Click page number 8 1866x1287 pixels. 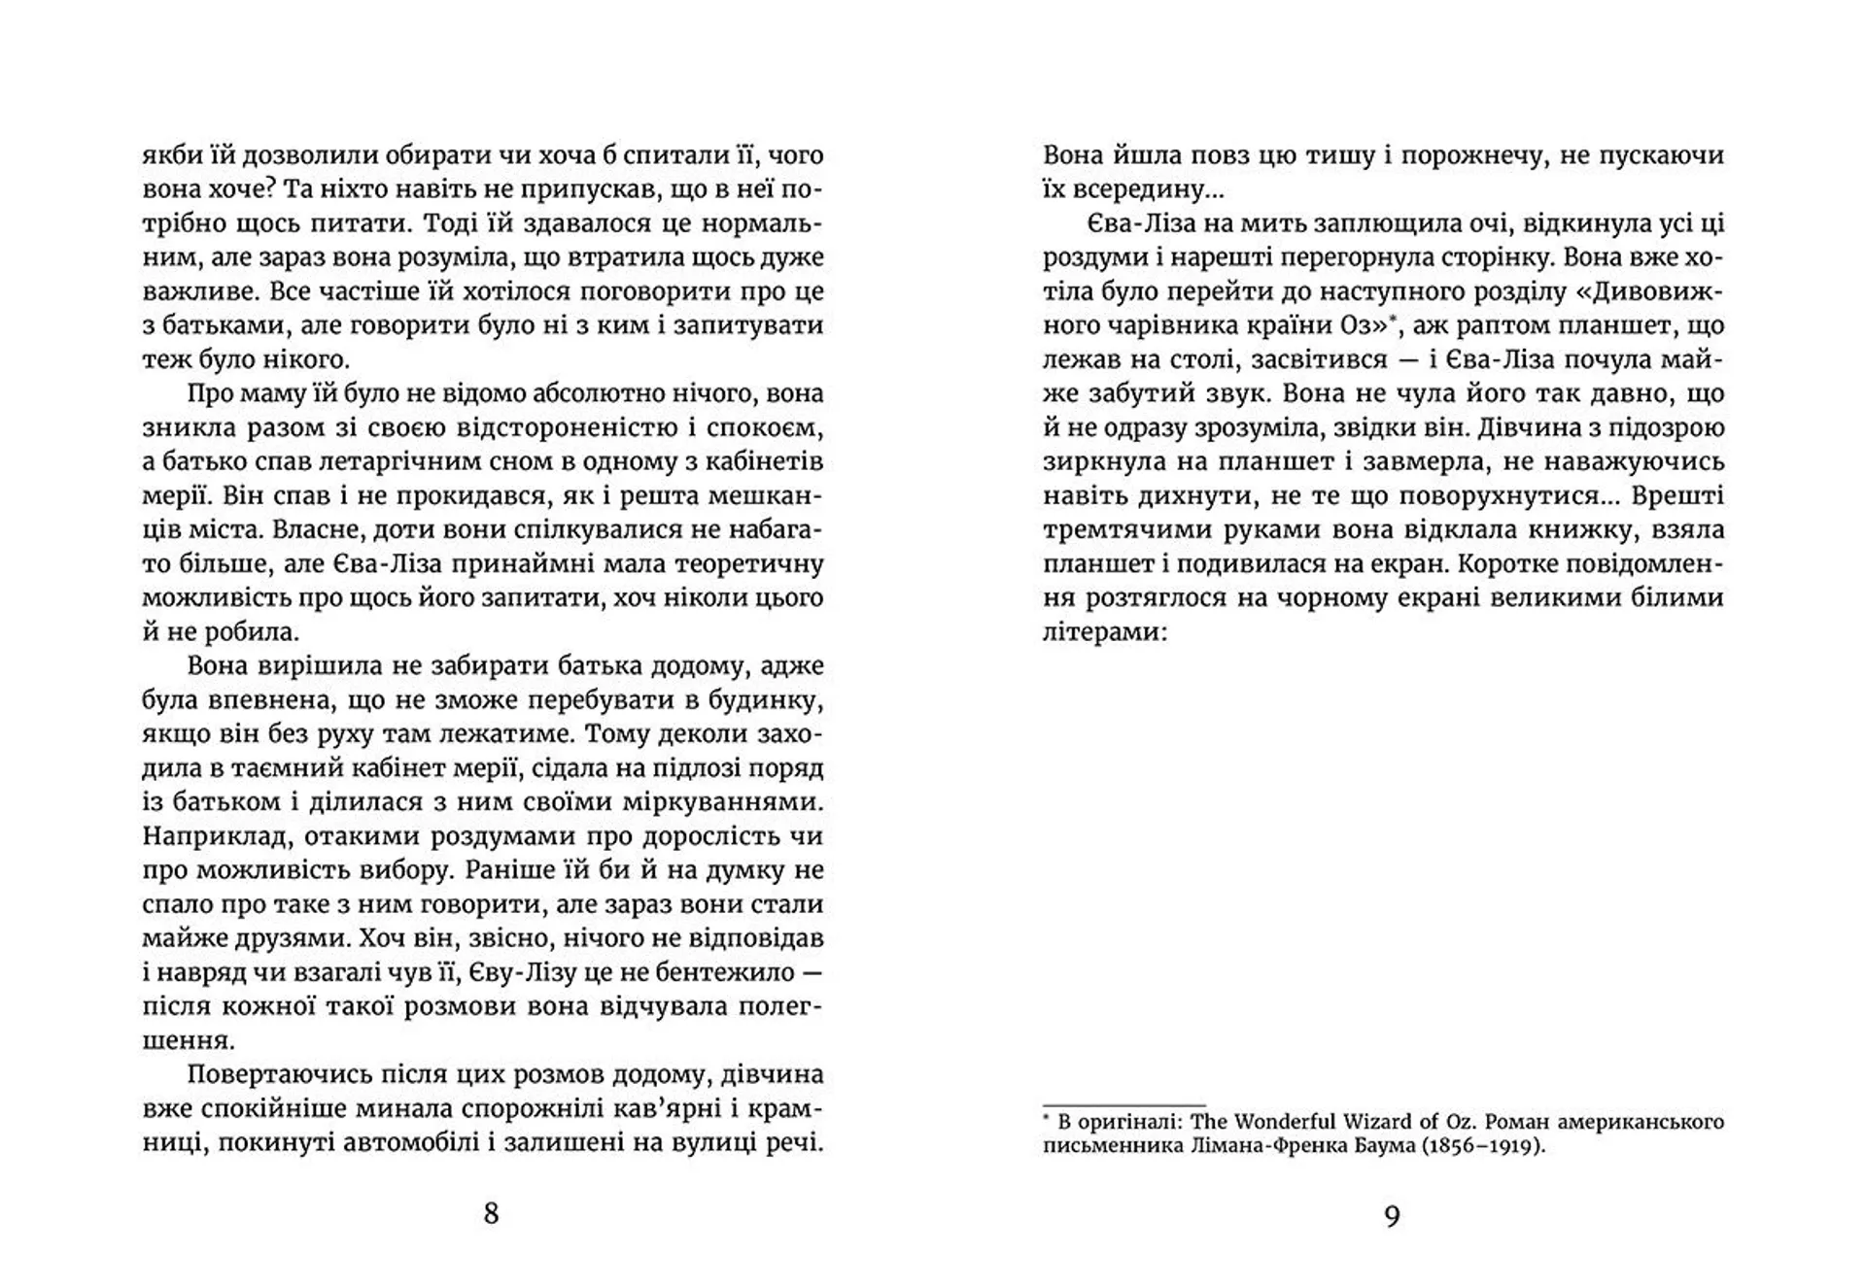pos(491,1214)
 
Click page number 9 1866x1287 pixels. pos(1392,1216)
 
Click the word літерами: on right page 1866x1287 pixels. pos(1102,632)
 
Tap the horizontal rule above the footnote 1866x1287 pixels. pos(1123,1104)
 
